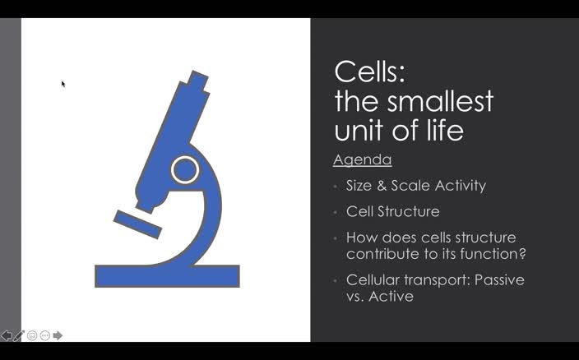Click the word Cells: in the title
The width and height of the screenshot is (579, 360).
pyautogui.click(x=369, y=72)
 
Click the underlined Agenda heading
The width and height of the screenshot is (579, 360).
pyautogui.click(x=362, y=159)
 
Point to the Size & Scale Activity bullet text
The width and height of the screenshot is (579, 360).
pyautogui.click(x=415, y=186)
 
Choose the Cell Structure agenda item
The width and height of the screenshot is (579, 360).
pyautogui.click(x=392, y=212)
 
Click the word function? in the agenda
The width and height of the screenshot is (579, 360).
pyautogui.click(x=493, y=254)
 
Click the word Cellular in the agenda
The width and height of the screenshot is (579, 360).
pyautogui.click(x=375, y=280)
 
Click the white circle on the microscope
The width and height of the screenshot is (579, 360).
pyautogui.click(x=185, y=170)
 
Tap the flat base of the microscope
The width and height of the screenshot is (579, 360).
pyautogui.click(x=167, y=276)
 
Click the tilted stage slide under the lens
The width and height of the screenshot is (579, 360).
pyautogui.click(x=137, y=223)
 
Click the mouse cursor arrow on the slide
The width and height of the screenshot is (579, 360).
pyautogui.click(x=63, y=84)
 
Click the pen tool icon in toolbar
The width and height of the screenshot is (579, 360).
pyautogui.click(x=20, y=335)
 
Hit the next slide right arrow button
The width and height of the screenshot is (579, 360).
pyautogui.click(x=58, y=335)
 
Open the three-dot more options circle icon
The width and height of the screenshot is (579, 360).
pyautogui.click(x=44, y=335)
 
